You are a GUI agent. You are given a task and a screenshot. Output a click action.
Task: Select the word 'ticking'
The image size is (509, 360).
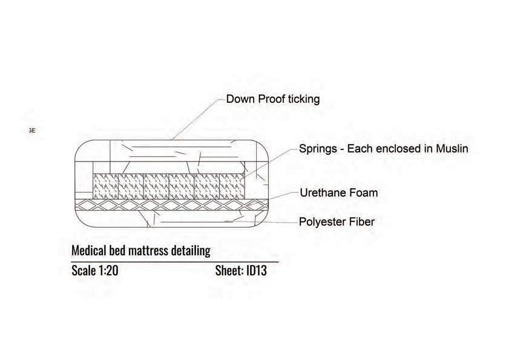click(303, 99)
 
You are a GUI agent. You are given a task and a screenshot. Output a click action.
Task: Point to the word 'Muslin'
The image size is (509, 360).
click(448, 148)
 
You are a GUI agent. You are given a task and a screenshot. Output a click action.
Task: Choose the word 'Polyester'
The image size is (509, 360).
click(323, 222)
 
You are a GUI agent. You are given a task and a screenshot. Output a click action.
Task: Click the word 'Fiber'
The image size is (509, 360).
click(361, 222)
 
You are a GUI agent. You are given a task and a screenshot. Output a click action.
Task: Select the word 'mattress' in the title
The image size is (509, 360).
click(147, 250)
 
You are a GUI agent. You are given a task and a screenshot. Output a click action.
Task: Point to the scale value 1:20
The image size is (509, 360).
click(108, 270)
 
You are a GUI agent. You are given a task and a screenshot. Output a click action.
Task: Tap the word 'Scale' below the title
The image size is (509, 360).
click(83, 270)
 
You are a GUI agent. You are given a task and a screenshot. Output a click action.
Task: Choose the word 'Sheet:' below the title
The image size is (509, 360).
click(229, 270)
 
